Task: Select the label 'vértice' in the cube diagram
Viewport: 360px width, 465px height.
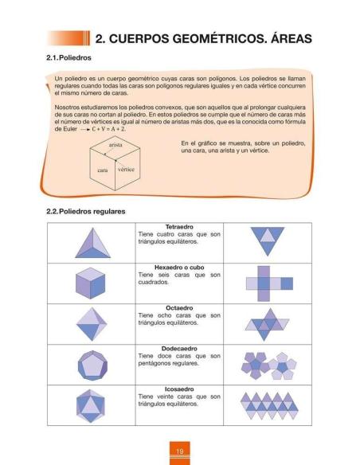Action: tap(126, 170)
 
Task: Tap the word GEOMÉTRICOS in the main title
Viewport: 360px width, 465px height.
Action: tap(208, 38)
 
